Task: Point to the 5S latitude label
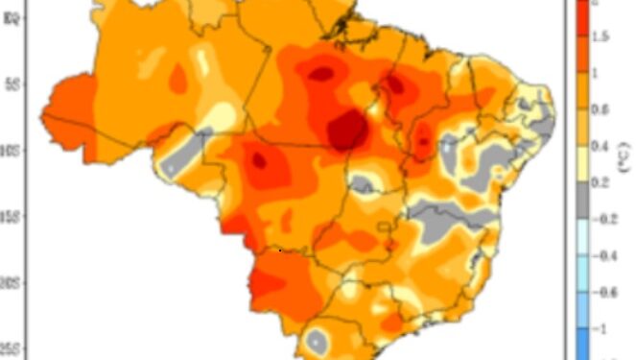pos(12,83)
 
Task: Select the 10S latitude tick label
pos(12,150)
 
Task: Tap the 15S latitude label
pos(12,217)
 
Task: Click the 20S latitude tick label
pos(12,283)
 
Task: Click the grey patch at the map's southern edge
pos(316,339)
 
